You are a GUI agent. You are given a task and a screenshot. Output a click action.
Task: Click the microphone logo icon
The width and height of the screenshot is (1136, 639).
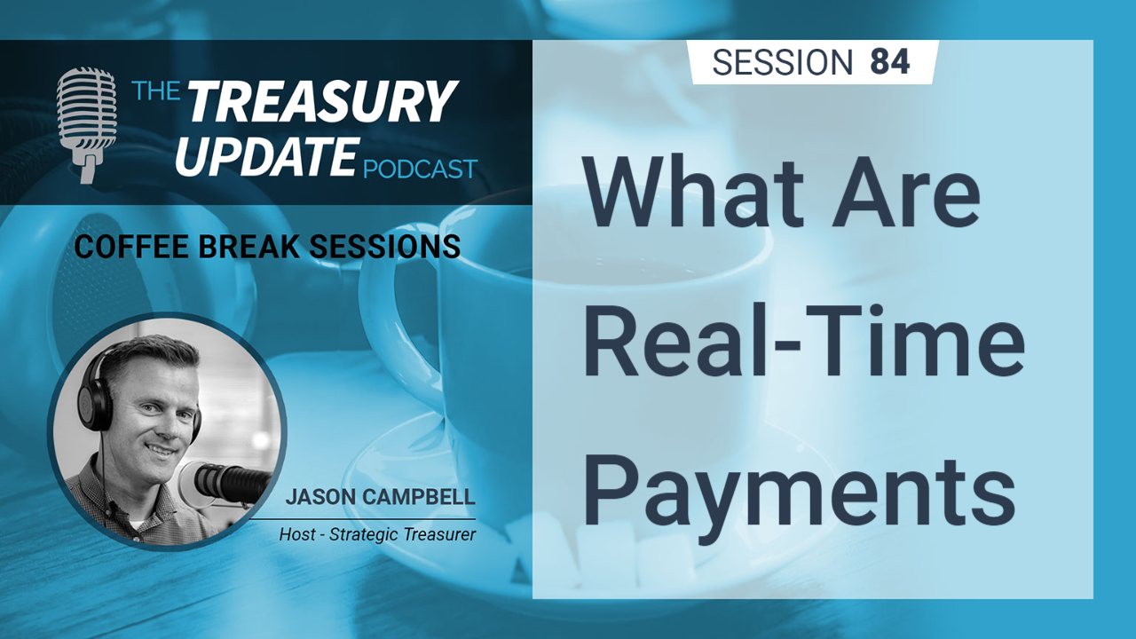pyautogui.click(x=86, y=124)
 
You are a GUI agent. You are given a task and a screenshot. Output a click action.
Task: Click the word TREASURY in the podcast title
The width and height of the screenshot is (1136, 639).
pyautogui.click(x=323, y=100)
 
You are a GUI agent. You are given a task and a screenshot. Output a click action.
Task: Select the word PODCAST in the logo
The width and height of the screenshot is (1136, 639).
pyautogui.click(x=421, y=169)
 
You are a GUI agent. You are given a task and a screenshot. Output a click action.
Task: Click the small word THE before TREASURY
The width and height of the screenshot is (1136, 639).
pyautogui.click(x=155, y=91)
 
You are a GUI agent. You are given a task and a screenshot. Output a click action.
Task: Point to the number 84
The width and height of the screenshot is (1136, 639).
pyautogui.click(x=890, y=62)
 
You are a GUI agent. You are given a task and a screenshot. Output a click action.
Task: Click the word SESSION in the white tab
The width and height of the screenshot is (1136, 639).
pyautogui.click(x=783, y=62)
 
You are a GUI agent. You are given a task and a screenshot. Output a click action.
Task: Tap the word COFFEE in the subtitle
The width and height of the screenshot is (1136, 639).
pyautogui.click(x=131, y=247)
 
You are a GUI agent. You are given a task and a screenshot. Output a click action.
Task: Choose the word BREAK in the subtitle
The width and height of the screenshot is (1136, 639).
pyautogui.click(x=249, y=247)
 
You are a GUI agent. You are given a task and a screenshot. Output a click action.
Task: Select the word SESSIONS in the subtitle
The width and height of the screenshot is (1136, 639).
pyautogui.click(x=385, y=247)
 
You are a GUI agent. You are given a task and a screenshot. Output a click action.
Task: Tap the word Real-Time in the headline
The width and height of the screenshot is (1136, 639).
pyautogui.click(x=804, y=342)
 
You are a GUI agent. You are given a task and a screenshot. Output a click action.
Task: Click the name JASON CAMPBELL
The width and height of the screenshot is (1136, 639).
pyautogui.click(x=381, y=497)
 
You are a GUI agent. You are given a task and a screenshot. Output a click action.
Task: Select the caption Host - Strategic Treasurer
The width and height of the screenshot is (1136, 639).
pyautogui.click(x=377, y=534)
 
